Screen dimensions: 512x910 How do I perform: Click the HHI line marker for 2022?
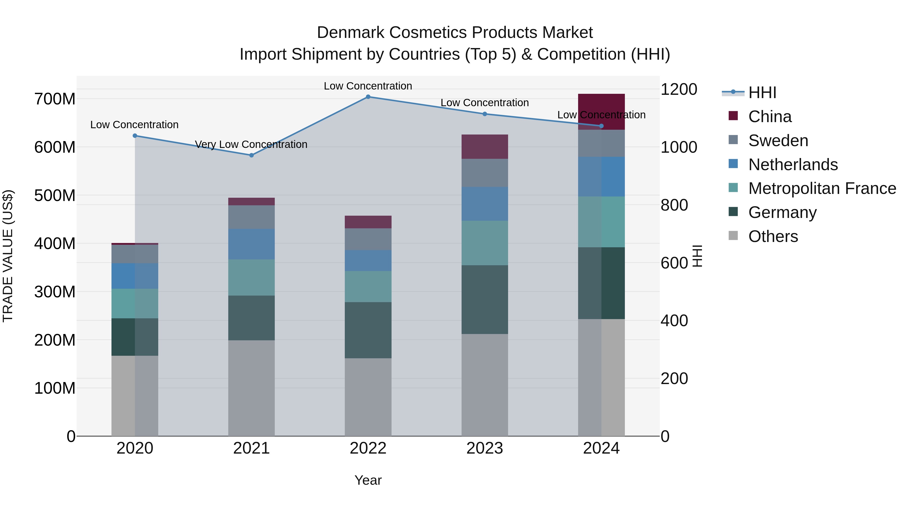click(368, 97)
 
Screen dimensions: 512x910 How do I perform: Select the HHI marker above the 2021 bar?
click(252, 155)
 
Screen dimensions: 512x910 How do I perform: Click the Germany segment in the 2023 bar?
click(484, 299)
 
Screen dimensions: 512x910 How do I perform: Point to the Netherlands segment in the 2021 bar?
click(251, 244)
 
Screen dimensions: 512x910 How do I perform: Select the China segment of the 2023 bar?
click(484, 147)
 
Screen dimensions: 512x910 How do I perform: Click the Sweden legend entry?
click(778, 141)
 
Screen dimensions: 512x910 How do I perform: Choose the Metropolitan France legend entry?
click(822, 188)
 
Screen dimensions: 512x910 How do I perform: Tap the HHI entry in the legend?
click(762, 93)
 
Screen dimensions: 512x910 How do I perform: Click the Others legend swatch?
click(733, 236)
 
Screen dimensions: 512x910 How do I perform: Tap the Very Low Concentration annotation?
click(251, 145)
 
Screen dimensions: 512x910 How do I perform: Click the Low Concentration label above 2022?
click(368, 86)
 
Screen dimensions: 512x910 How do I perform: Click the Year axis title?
click(368, 480)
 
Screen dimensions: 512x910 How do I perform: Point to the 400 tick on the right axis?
click(674, 321)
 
